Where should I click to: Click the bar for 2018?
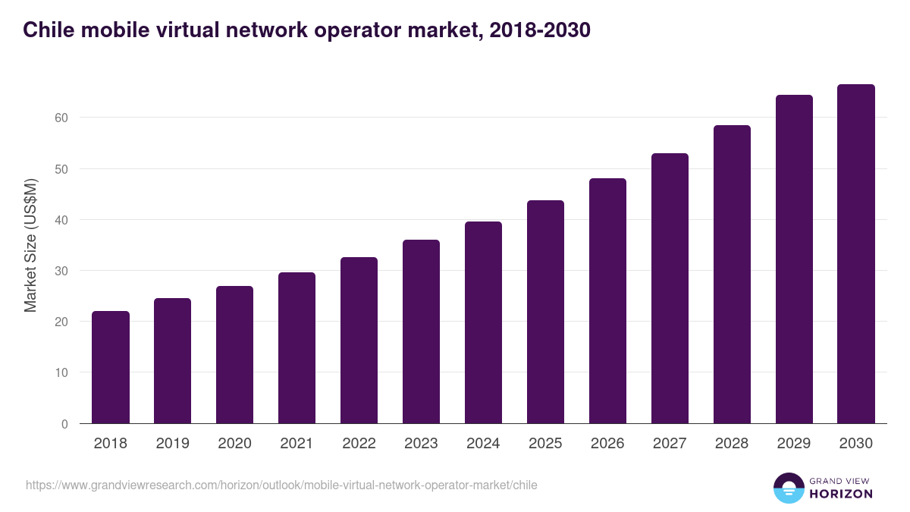(x=111, y=367)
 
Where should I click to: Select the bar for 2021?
(x=297, y=348)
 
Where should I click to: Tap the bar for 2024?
(x=483, y=322)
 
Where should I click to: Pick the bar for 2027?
(x=670, y=288)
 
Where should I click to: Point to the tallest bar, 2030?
(x=856, y=254)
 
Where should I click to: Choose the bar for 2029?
(x=794, y=259)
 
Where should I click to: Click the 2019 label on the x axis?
(x=173, y=444)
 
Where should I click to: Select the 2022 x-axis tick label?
(x=359, y=444)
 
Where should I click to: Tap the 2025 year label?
(x=545, y=444)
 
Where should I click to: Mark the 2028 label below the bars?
(x=732, y=444)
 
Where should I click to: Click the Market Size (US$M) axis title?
(x=30, y=246)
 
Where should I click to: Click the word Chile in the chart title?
(x=49, y=30)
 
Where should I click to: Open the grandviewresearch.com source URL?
(x=281, y=485)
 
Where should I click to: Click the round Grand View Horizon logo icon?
(x=789, y=488)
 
